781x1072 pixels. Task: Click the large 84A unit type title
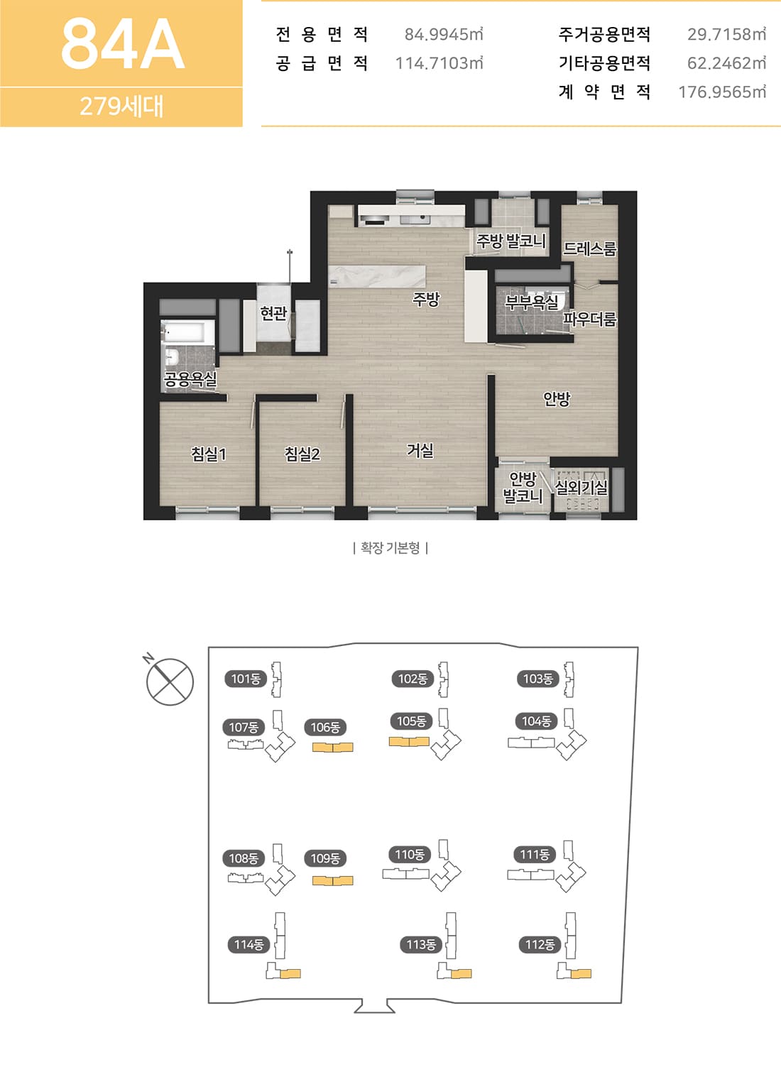click(123, 44)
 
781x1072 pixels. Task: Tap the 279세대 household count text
click(121, 106)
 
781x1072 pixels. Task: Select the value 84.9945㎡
click(444, 34)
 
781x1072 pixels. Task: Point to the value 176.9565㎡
click(722, 92)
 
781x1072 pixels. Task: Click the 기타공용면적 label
click(604, 62)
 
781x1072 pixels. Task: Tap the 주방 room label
click(426, 300)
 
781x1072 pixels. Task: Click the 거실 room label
click(420, 450)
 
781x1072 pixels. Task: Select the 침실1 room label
click(209, 454)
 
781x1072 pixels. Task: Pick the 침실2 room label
click(302, 454)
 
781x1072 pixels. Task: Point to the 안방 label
click(557, 399)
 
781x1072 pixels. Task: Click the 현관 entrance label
click(273, 314)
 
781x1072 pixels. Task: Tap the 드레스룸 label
click(589, 249)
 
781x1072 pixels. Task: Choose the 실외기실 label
click(581, 488)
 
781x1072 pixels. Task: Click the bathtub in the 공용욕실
click(187, 332)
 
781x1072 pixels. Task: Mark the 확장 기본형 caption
click(390, 547)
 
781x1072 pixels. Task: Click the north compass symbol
click(170, 681)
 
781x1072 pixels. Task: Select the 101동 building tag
click(246, 679)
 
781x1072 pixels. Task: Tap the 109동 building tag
click(325, 858)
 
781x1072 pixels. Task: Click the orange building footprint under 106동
click(332, 747)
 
